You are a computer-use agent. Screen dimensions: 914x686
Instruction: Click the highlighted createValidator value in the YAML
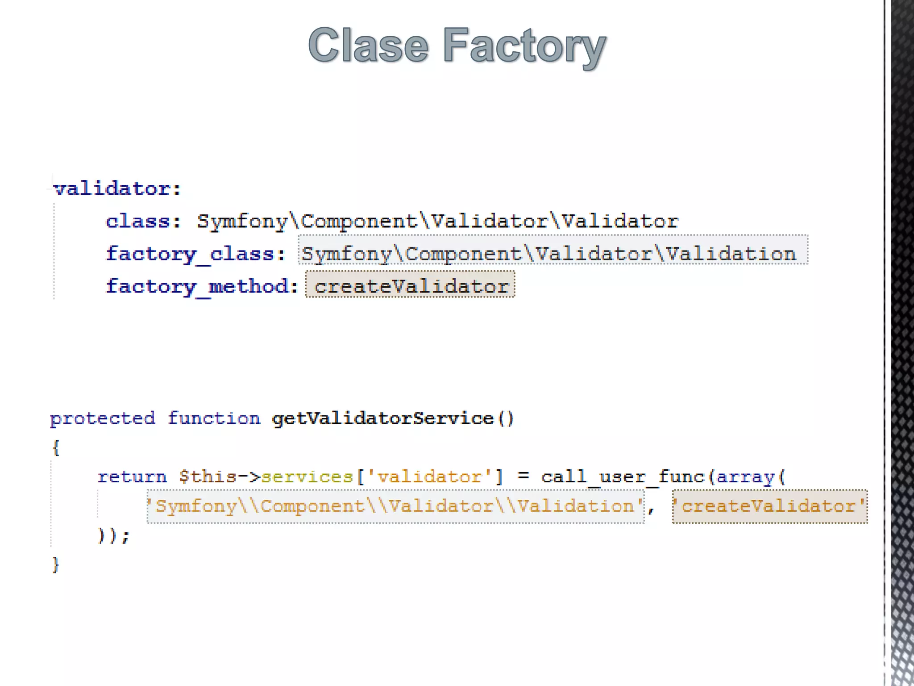(411, 286)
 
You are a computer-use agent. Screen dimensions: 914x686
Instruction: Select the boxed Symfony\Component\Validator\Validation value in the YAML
(549, 254)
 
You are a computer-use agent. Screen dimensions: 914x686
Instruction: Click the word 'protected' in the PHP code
(103, 418)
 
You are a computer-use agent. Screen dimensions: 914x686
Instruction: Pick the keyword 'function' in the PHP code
(214, 418)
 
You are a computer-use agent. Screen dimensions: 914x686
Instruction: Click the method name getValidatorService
(383, 418)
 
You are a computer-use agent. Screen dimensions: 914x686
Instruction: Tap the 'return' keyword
(132, 477)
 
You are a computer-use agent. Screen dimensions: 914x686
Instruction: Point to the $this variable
(208, 477)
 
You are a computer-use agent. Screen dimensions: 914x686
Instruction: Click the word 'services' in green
(307, 477)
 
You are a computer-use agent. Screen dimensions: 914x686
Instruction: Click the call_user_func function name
(622, 477)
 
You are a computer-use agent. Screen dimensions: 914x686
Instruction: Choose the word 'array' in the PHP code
(746, 477)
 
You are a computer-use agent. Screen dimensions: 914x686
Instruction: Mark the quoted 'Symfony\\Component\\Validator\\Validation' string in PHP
(395, 506)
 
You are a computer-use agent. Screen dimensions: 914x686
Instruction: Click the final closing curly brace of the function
(56, 565)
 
